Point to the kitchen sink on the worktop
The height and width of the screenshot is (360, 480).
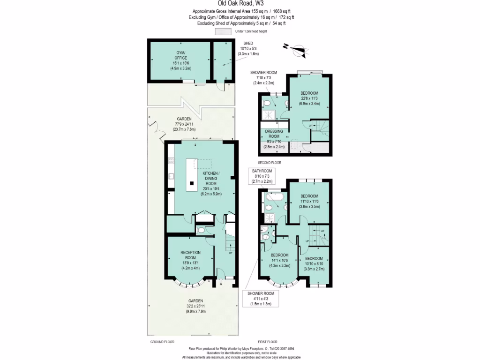[172, 176]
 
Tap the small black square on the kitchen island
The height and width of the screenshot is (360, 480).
[191, 182]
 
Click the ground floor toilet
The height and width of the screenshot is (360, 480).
[201, 230]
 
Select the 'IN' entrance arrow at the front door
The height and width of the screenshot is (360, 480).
[221, 282]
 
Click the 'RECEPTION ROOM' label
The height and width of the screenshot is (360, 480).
[190, 255]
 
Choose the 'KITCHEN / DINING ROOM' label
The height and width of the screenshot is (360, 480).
[210, 179]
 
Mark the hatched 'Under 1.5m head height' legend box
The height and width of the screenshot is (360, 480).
[223, 31]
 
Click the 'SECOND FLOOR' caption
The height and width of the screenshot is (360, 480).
[270, 162]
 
